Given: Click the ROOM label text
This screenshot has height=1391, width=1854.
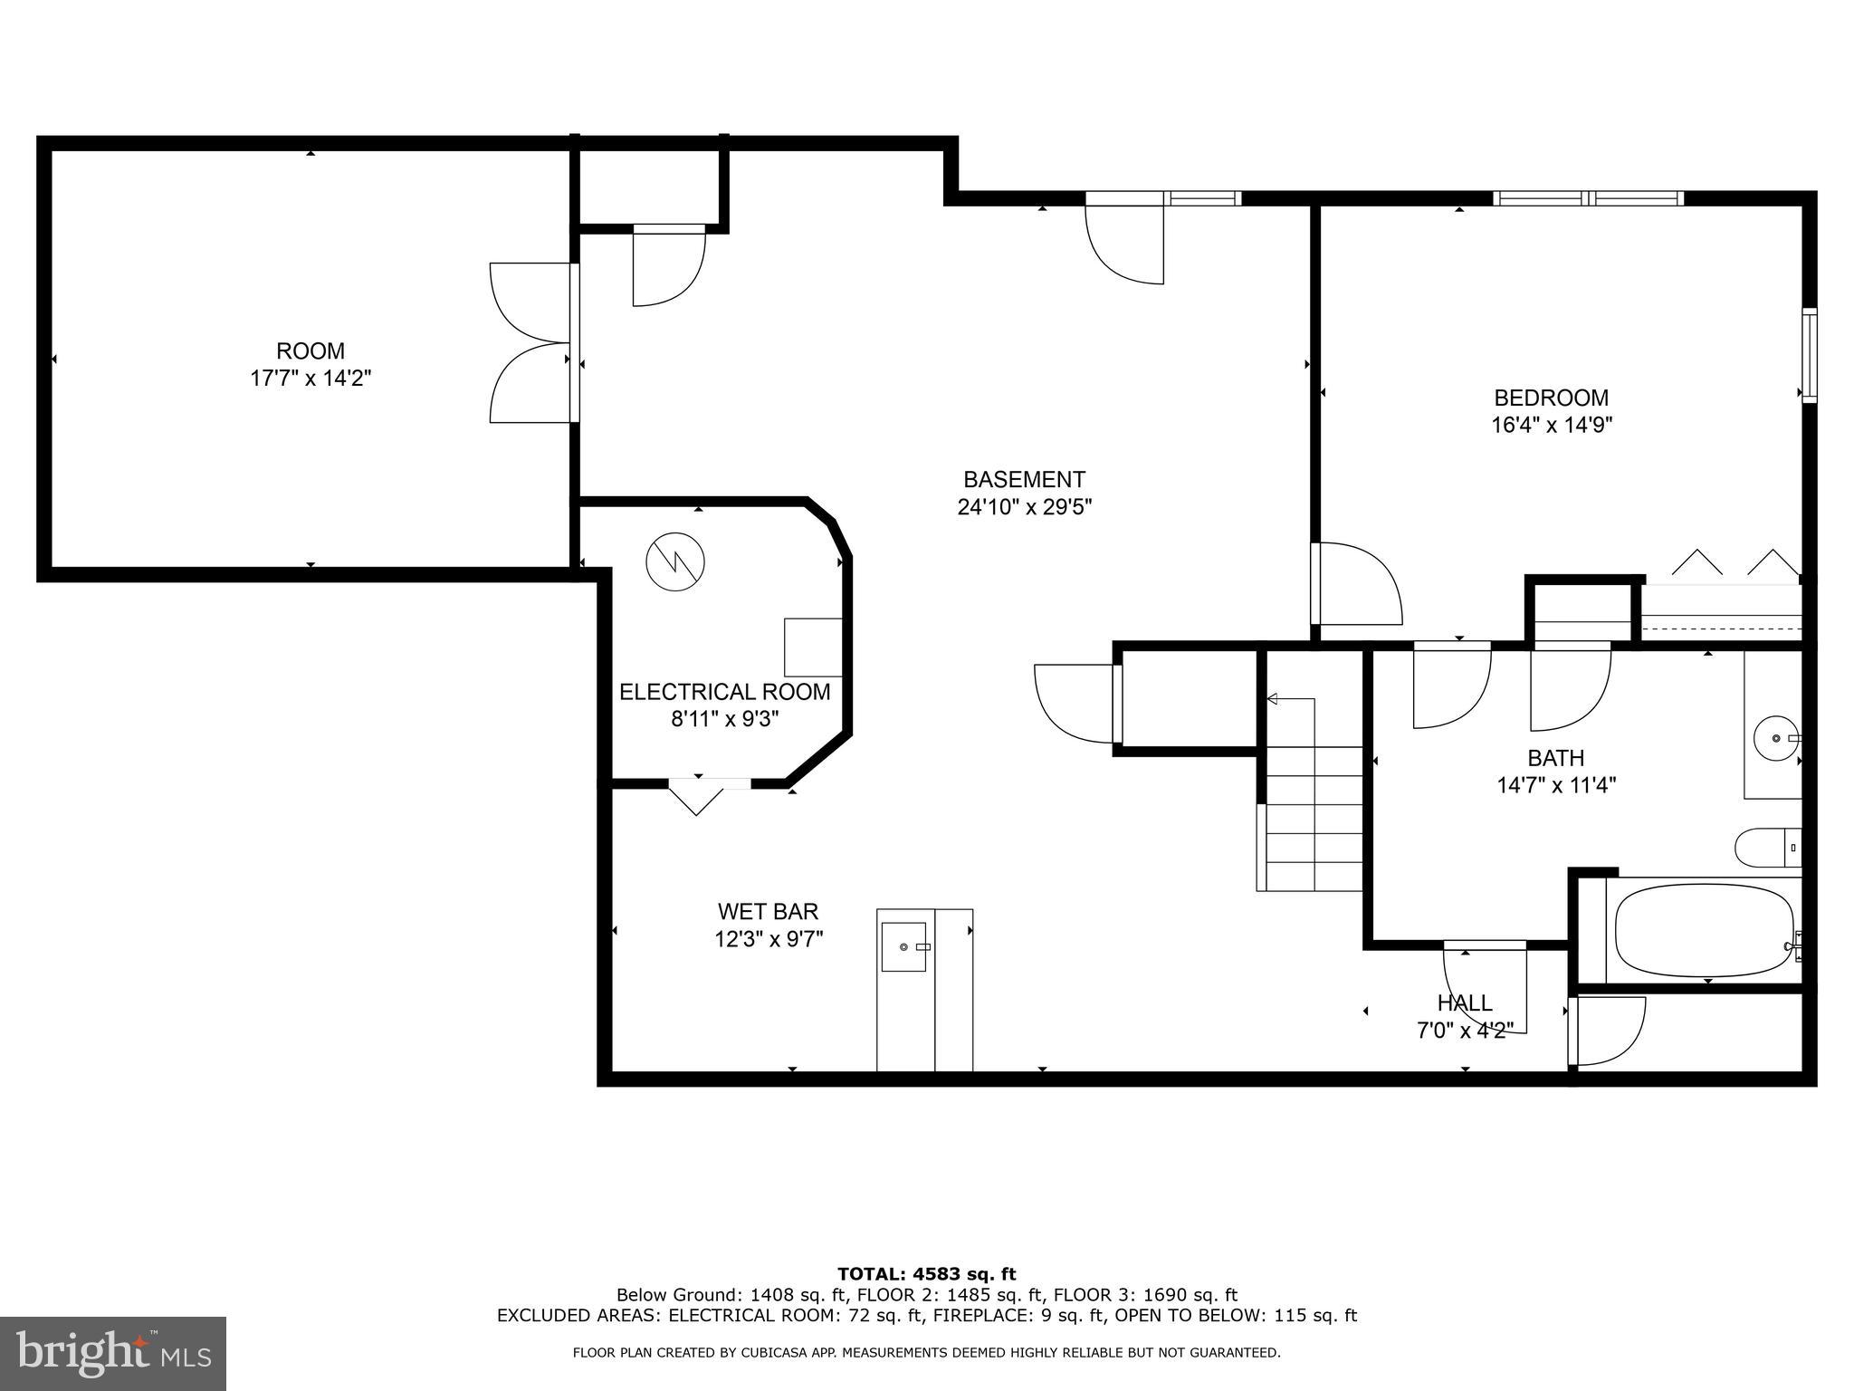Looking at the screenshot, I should [311, 350].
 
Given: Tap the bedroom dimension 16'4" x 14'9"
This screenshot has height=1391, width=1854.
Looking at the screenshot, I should [1552, 425].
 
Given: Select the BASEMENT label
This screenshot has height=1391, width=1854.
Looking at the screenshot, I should [1024, 479].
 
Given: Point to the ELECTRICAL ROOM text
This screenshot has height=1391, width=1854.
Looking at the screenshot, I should [724, 692].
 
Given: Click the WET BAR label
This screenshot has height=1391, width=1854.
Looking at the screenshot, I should [768, 911].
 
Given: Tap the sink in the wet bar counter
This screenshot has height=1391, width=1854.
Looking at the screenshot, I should [904, 946].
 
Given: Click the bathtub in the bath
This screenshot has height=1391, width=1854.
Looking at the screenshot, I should [1703, 930].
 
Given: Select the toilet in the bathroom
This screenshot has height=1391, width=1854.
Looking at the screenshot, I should [1766, 849].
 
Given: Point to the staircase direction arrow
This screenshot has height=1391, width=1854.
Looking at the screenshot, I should [1273, 698].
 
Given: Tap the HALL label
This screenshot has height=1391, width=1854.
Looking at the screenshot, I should [1465, 1002].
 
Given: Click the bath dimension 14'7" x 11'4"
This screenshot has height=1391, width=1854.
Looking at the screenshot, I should [1556, 785].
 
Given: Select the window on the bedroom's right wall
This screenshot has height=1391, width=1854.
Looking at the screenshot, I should [1809, 355].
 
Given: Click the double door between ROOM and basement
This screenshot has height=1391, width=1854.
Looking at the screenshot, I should [530, 342].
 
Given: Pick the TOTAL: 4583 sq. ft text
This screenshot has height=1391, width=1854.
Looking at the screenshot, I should [926, 1274].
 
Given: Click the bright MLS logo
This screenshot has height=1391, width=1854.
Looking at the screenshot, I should [113, 1353].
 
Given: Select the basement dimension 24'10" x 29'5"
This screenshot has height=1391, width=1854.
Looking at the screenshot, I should [1024, 507].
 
